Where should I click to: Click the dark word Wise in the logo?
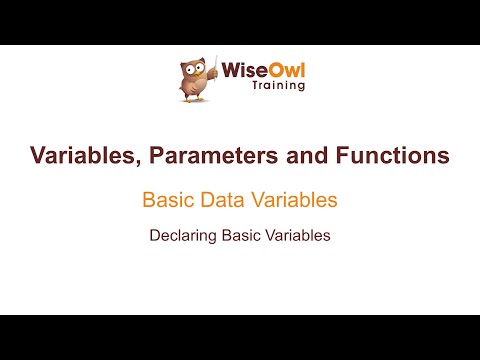tap(241, 72)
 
